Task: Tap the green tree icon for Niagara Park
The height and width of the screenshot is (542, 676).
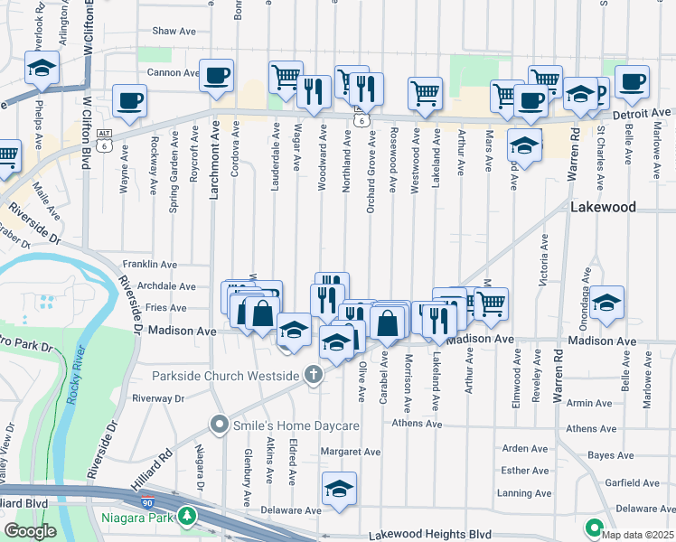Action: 187,518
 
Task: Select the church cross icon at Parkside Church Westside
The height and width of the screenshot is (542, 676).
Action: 313,374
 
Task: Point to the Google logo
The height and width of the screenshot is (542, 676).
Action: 30,530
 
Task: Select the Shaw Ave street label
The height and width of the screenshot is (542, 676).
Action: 174,31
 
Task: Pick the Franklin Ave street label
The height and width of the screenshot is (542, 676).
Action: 151,264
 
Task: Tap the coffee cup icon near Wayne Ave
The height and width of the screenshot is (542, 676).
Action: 129,100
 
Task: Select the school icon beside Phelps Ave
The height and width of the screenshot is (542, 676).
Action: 42,69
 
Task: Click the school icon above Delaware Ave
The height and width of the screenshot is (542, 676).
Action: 340,488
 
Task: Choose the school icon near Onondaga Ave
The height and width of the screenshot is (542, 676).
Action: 609,304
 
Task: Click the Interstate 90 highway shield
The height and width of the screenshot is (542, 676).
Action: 147,499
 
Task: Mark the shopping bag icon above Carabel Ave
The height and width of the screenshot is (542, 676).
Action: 386,322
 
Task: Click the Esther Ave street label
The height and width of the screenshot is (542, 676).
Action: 526,471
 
